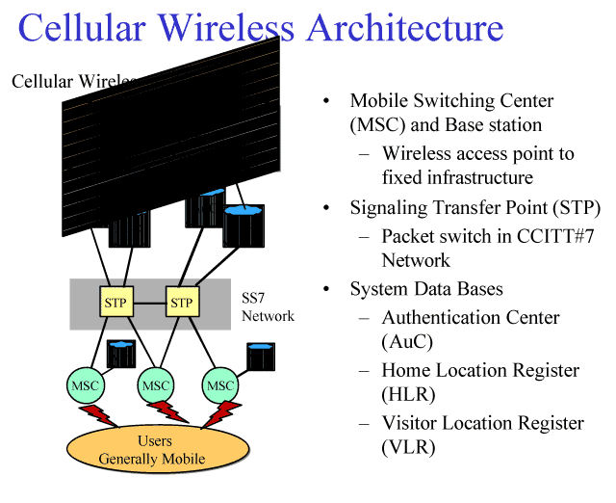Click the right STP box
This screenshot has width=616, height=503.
click(181, 304)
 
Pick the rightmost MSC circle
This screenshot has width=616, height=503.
click(220, 385)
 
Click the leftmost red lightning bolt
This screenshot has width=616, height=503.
click(99, 416)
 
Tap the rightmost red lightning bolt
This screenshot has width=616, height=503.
click(219, 415)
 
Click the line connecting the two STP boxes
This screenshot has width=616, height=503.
click(147, 304)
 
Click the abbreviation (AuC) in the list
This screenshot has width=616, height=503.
click(406, 341)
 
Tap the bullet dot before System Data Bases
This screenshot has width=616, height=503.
click(327, 289)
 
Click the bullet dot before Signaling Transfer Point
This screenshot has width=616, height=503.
click(327, 208)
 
